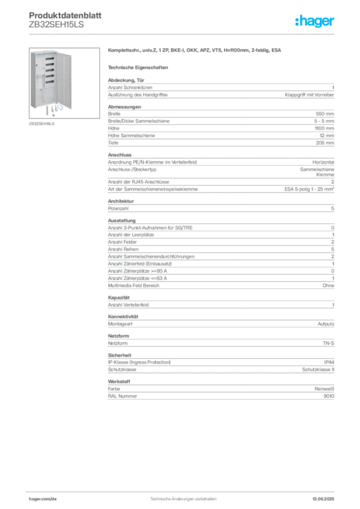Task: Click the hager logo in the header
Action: tap(315, 21)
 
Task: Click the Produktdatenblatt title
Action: tap(65, 15)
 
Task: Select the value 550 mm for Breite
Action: tap(325, 114)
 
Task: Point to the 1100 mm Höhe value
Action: tap(324, 128)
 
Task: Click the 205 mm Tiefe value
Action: tap(325, 143)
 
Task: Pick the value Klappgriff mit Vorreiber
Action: tap(309, 95)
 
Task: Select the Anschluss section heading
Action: tap(120, 155)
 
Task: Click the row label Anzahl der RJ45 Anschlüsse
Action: tap(139, 182)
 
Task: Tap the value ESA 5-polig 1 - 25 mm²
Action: tap(309, 189)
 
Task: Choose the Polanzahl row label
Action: tap(118, 208)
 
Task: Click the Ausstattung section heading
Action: tap(122, 220)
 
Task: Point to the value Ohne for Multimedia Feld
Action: tap(328, 286)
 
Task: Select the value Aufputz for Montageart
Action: tap(326, 324)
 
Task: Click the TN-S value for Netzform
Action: tap(329, 343)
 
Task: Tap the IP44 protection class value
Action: tap(329, 362)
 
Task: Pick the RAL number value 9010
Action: tap(329, 396)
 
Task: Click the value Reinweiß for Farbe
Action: tap(324, 389)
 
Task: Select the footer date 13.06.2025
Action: tap(323, 499)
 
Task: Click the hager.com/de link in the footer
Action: tap(43, 499)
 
